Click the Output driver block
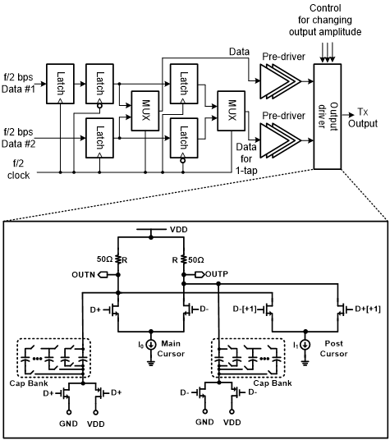[327, 117]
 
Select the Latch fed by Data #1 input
[60, 84]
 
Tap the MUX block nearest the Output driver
[232, 111]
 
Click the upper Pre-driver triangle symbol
[280, 81]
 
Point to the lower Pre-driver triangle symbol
[280, 140]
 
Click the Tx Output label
[363, 117]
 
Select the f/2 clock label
[19, 169]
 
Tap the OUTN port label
[83, 274]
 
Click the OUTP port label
[217, 274]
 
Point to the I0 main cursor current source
[151, 345]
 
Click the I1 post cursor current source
[305, 345]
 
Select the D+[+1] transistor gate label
[368, 309]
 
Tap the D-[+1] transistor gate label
[245, 309]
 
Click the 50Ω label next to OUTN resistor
[104, 259]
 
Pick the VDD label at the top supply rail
[179, 230]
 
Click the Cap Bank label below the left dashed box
[29, 383]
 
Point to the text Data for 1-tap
[246, 158]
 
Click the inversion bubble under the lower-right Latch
[183, 161]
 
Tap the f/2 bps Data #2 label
[19, 138]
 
